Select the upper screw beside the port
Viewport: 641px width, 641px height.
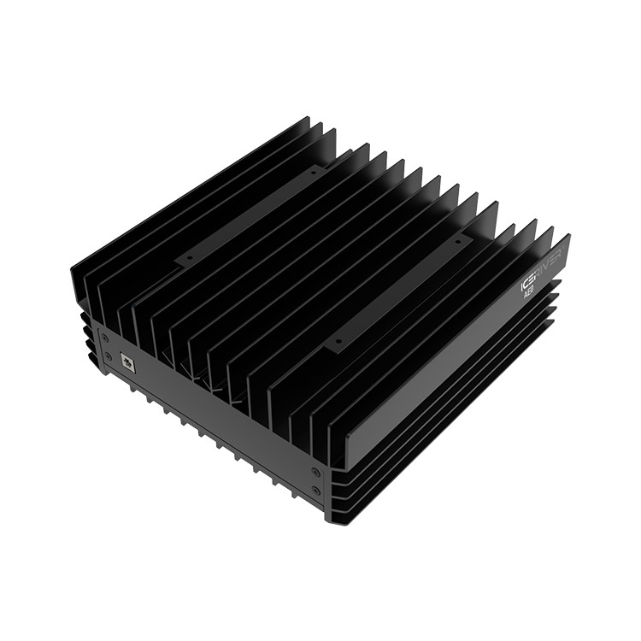point(104,338)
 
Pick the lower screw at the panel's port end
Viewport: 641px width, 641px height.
point(108,356)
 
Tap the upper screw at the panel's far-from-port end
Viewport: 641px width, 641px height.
point(316,471)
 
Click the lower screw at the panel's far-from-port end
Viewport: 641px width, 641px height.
point(317,490)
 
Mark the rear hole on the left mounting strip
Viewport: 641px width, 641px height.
point(313,172)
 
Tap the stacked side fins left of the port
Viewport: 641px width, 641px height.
point(85,333)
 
